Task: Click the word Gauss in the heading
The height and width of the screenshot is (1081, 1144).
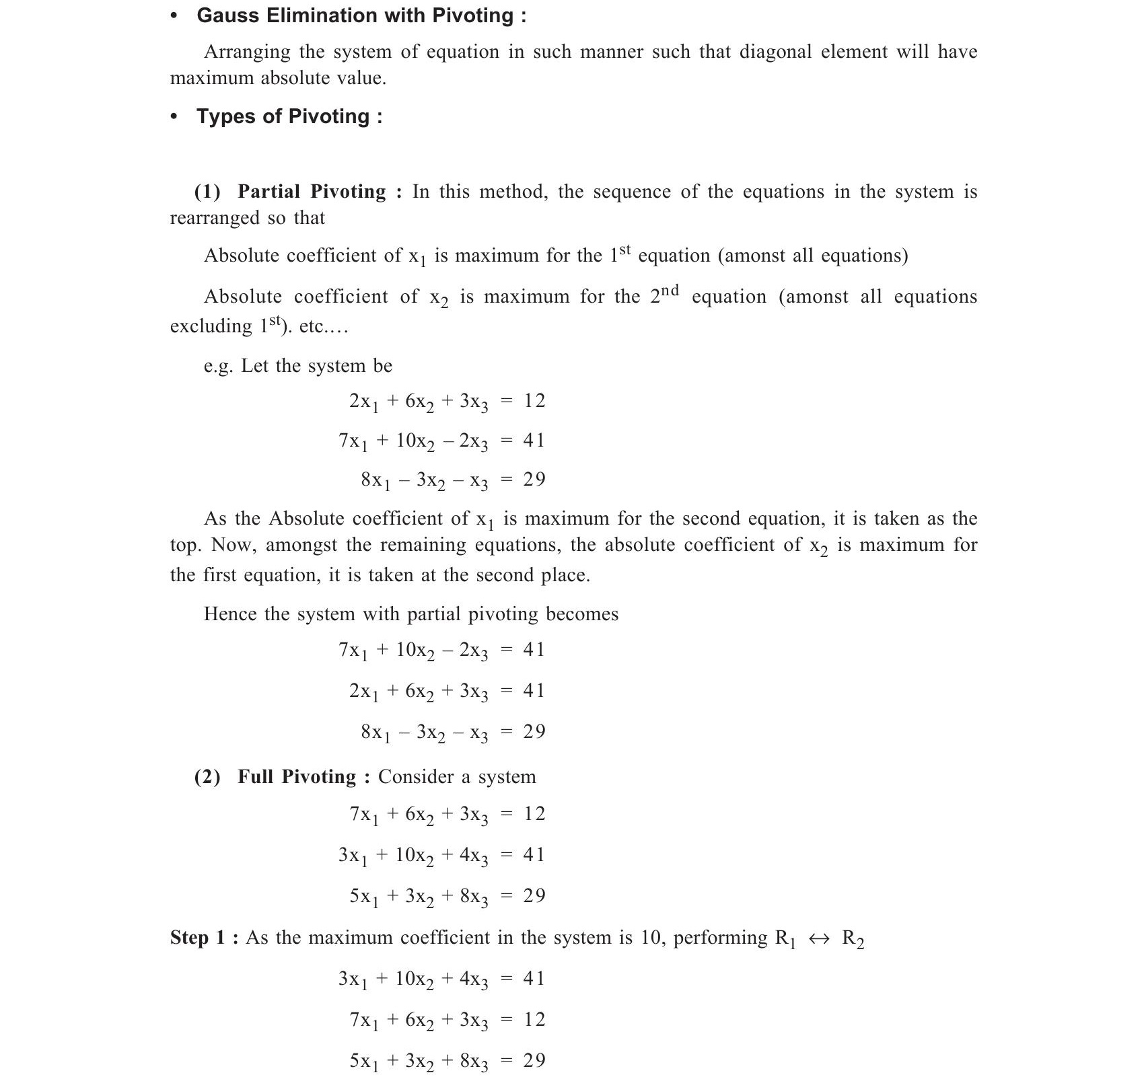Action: pos(228,15)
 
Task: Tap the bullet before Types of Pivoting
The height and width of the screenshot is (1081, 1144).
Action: pos(174,117)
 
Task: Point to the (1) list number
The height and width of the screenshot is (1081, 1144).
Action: pos(207,192)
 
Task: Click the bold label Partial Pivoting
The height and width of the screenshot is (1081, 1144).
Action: pos(312,192)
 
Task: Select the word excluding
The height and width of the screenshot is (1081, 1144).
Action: pos(211,326)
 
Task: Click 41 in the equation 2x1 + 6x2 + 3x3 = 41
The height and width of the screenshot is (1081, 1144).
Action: pos(534,691)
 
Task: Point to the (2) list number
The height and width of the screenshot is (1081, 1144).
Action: pos(207,777)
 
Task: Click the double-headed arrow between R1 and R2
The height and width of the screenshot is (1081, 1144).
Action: pos(819,939)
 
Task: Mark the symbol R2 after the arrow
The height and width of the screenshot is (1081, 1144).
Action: pos(853,940)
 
